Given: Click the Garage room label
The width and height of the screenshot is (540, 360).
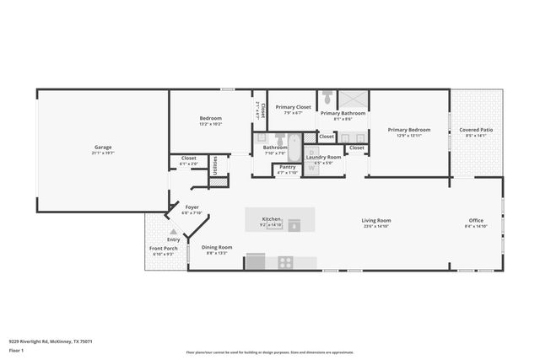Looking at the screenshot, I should pyautogui.click(x=103, y=148).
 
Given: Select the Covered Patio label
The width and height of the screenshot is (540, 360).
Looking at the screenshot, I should pyautogui.click(x=476, y=130).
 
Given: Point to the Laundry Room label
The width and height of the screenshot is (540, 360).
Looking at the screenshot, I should pyautogui.click(x=323, y=157).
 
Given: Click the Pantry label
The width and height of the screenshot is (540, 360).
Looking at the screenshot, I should pyautogui.click(x=288, y=167).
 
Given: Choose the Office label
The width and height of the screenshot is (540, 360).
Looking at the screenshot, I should pyautogui.click(x=476, y=221).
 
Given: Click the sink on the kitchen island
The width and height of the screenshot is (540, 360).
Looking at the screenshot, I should pyautogui.click(x=294, y=224).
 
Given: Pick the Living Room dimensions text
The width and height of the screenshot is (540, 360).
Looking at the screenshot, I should pyautogui.click(x=377, y=226).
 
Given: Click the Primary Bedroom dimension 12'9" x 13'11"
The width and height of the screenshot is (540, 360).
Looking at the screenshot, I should pyautogui.click(x=409, y=136).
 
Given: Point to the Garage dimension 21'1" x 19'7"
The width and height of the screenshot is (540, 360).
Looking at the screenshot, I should pyautogui.click(x=103, y=153).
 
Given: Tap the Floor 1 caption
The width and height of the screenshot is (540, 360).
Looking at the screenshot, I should pyautogui.click(x=16, y=350).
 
